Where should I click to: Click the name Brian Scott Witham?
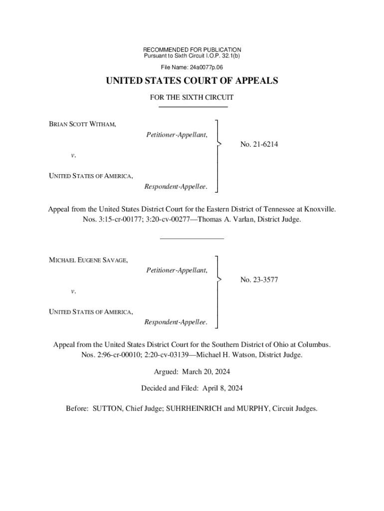82,124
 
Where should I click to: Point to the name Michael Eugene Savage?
88,259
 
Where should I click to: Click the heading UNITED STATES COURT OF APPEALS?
192,81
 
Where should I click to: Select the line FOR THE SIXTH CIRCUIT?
192,98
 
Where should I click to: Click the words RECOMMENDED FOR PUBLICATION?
192,50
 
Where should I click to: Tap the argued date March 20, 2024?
206,372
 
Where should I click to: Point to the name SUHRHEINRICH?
192,409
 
